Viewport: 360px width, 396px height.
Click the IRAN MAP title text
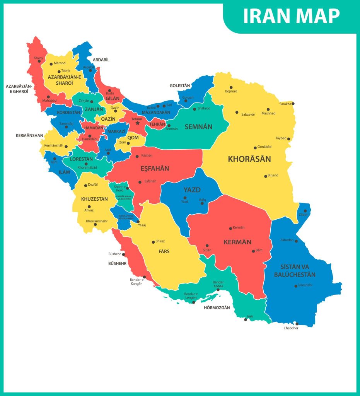(x=291, y=16)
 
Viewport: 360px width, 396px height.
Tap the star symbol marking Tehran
(x=137, y=123)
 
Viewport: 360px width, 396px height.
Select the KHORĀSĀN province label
(x=249, y=159)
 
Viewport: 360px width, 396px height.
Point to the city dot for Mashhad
(x=268, y=109)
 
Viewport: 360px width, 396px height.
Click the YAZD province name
(x=192, y=190)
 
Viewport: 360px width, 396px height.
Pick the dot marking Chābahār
(x=297, y=324)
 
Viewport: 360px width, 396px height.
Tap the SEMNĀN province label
(x=198, y=126)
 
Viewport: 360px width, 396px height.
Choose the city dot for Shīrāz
(x=154, y=242)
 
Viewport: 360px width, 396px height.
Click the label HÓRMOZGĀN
(x=217, y=308)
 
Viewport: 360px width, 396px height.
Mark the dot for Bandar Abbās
(x=218, y=290)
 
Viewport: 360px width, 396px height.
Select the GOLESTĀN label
(x=180, y=85)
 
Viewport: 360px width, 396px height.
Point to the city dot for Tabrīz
(x=59, y=71)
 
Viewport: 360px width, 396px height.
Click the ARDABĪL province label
(x=101, y=60)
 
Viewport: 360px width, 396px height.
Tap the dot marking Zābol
(x=305, y=211)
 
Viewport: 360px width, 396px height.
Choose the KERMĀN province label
(x=237, y=242)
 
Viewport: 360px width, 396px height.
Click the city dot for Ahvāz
(x=89, y=207)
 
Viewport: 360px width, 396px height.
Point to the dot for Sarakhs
(x=293, y=104)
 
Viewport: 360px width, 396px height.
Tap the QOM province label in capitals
(x=133, y=138)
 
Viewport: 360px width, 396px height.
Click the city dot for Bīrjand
(x=265, y=176)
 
